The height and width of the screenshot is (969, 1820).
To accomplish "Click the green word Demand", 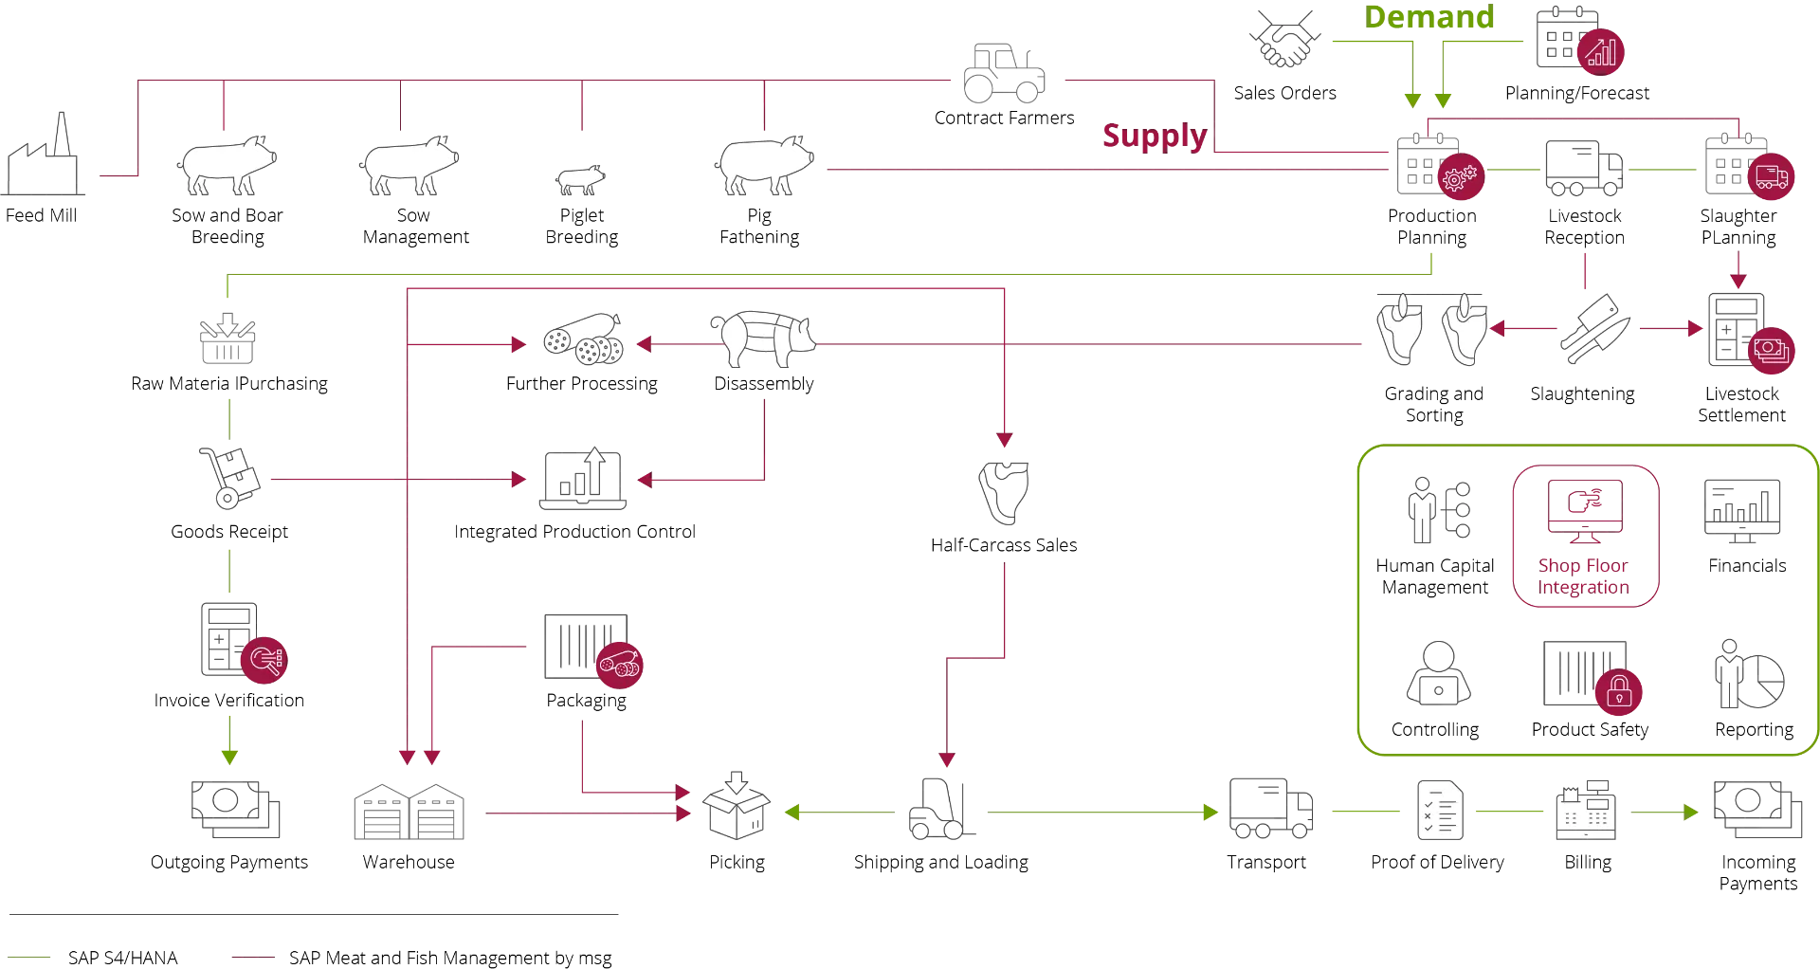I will pyautogui.click(x=1429, y=16).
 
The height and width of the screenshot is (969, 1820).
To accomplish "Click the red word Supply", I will pyautogui.click(x=1154, y=137).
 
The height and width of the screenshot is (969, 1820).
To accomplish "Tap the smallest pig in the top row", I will pyautogui.click(x=579, y=178).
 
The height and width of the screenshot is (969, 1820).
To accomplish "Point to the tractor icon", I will pyautogui.click(x=1004, y=72).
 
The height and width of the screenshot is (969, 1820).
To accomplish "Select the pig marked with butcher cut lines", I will pyautogui.click(x=762, y=338).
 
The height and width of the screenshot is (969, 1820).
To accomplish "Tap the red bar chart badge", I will pyautogui.click(x=1600, y=51).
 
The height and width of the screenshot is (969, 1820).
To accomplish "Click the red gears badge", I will pyautogui.click(x=1460, y=177).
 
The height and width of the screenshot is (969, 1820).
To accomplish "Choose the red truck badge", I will pyautogui.click(x=1771, y=177).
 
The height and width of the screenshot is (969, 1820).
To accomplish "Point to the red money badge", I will pyautogui.click(x=1771, y=350).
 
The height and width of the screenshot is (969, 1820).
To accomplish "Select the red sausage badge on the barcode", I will pyautogui.click(x=620, y=663).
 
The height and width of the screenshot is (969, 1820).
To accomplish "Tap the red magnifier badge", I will pyautogui.click(x=264, y=660).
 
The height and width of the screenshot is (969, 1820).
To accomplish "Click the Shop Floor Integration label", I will pyautogui.click(x=1584, y=576).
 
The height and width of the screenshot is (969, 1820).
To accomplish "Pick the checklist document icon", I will pyautogui.click(x=1440, y=811).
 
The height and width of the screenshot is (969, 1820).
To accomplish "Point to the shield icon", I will pyautogui.click(x=1004, y=490).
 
